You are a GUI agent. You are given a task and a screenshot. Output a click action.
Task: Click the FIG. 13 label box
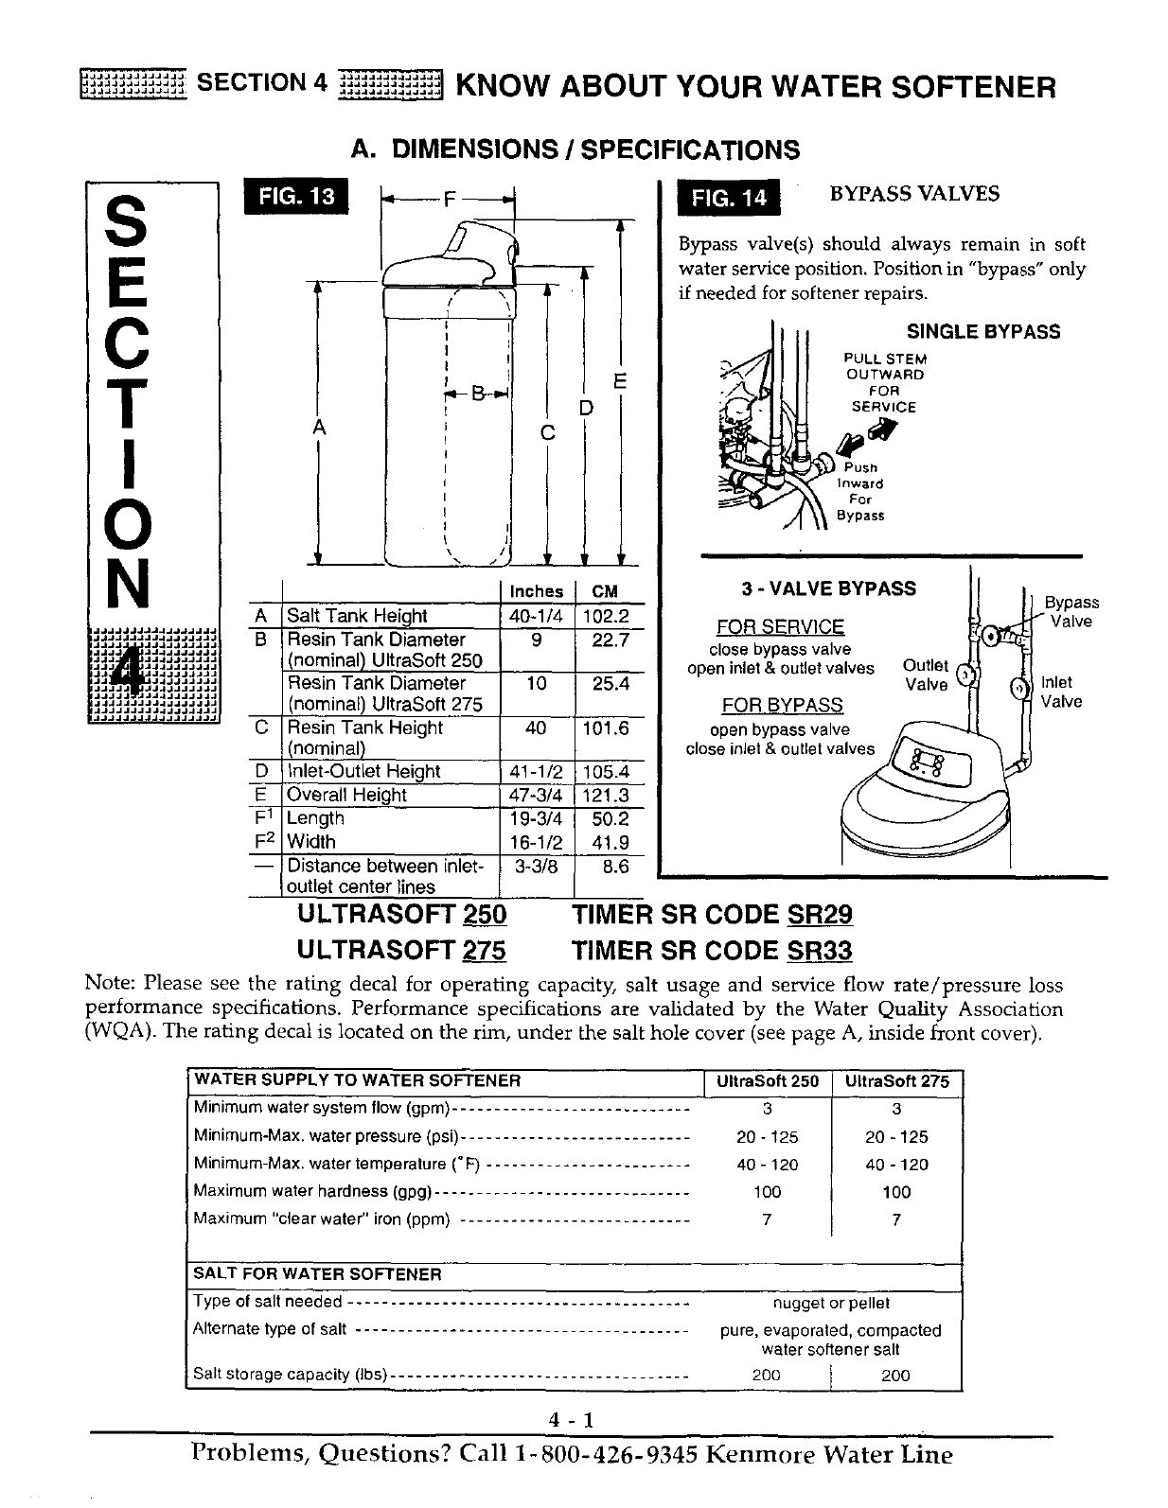point(295,197)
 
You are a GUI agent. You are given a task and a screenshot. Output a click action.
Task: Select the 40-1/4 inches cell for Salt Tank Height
point(536,616)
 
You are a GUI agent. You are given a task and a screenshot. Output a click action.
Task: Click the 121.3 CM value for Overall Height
point(605,796)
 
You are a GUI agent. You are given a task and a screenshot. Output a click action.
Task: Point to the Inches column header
point(536,591)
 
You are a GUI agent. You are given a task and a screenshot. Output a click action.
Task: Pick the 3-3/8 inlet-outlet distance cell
point(536,866)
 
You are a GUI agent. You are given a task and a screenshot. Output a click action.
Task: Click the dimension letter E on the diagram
point(621,381)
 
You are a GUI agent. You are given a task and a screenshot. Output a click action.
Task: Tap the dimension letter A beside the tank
point(319,427)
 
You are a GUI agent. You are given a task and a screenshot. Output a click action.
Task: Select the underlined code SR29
point(820,915)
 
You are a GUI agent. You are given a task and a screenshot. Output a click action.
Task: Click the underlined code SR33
point(820,951)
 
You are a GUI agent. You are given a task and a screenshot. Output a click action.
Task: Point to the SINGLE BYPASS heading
point(983,332)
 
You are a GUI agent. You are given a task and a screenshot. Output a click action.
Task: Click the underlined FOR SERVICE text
point(781,627)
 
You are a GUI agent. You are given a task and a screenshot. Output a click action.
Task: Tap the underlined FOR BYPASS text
point(782,706)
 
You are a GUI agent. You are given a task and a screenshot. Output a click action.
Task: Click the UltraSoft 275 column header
point(895,1081)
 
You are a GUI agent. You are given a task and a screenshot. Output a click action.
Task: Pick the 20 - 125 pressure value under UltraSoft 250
point(767,1137)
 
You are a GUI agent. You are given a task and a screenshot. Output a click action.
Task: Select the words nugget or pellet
point(831,1304)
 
